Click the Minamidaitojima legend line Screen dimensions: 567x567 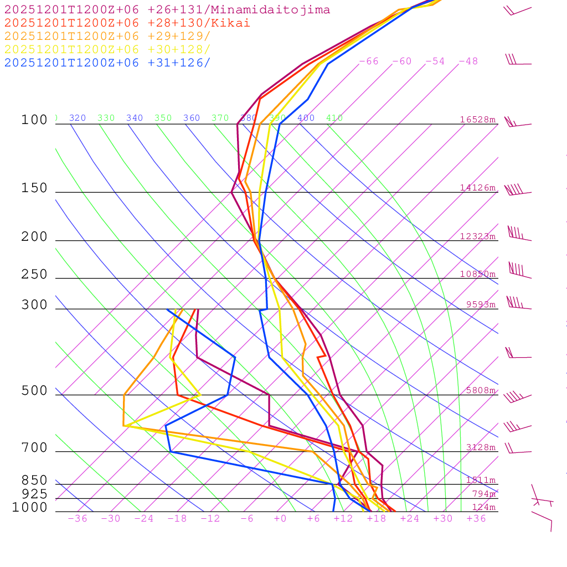point(167,10)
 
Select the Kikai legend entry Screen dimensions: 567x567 point(127,23)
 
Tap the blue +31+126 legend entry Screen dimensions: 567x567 point(107,63)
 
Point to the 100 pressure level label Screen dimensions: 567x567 point(34,120)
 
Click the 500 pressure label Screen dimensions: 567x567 point(34,391)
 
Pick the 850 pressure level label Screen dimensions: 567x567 point(34,481)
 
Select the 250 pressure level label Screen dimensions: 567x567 point(34,275)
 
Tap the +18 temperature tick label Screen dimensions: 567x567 point(377,518)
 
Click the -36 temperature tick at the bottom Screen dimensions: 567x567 point(77,518)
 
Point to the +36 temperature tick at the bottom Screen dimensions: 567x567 point(476,518)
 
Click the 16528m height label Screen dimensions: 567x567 point(478,120)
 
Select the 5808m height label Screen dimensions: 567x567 point(481,390)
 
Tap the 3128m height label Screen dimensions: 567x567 point(481,447)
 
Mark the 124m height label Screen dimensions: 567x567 point(483,507)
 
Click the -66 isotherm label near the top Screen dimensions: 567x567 point(369,61)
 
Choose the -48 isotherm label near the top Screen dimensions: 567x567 point(468,61)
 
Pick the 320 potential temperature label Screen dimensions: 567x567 point(78,118)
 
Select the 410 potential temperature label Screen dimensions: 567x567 point(334,118)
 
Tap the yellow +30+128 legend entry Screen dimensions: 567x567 point(107,49)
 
